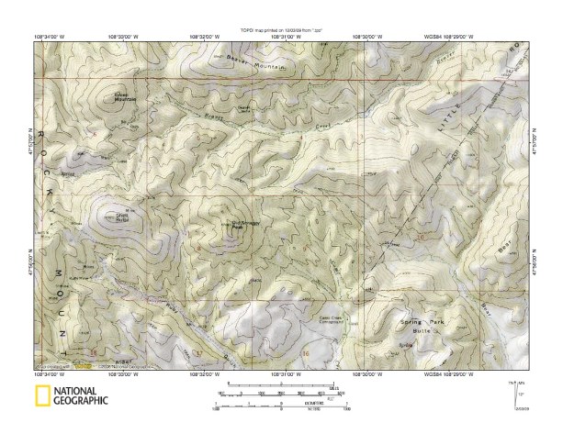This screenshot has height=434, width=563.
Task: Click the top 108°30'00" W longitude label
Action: [365, 37]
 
